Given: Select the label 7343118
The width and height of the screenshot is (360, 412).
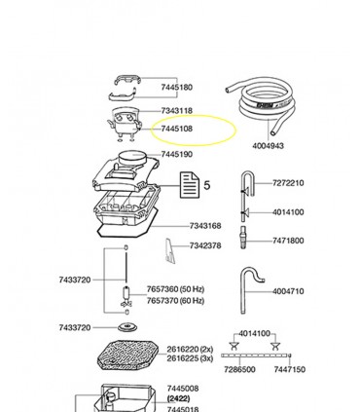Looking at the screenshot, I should (177, 111).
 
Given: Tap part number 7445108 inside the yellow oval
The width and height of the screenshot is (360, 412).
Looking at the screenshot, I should (177, 128).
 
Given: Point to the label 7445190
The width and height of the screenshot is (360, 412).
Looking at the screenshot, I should (177, 154).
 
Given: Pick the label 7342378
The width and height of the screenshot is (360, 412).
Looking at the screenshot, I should (205, 246).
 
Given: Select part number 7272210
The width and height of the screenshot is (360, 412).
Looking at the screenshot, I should (288, 183).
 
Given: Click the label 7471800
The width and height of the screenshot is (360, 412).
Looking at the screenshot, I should (288, 240).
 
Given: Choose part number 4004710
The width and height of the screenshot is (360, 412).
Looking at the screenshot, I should (288, 291).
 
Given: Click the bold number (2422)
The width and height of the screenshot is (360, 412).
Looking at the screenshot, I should (177, 398).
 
